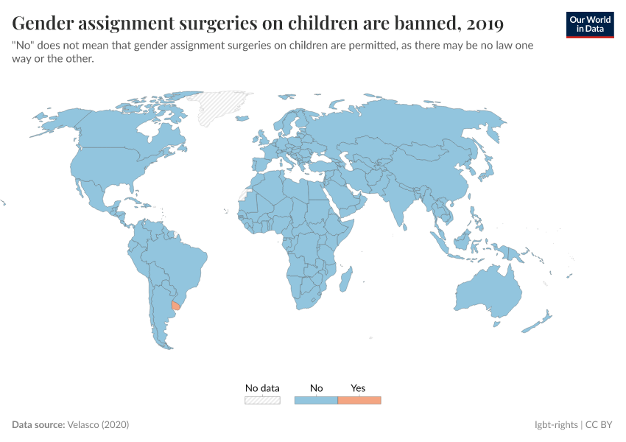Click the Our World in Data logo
(x=589, y=24)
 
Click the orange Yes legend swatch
(x=359, y=400)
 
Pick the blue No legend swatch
(x=316, y=400)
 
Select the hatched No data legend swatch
(x=262, y=400)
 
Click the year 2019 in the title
(x=485, y=24)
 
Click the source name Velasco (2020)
(x=98, y=425)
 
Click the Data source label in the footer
(x=38, y=425)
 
